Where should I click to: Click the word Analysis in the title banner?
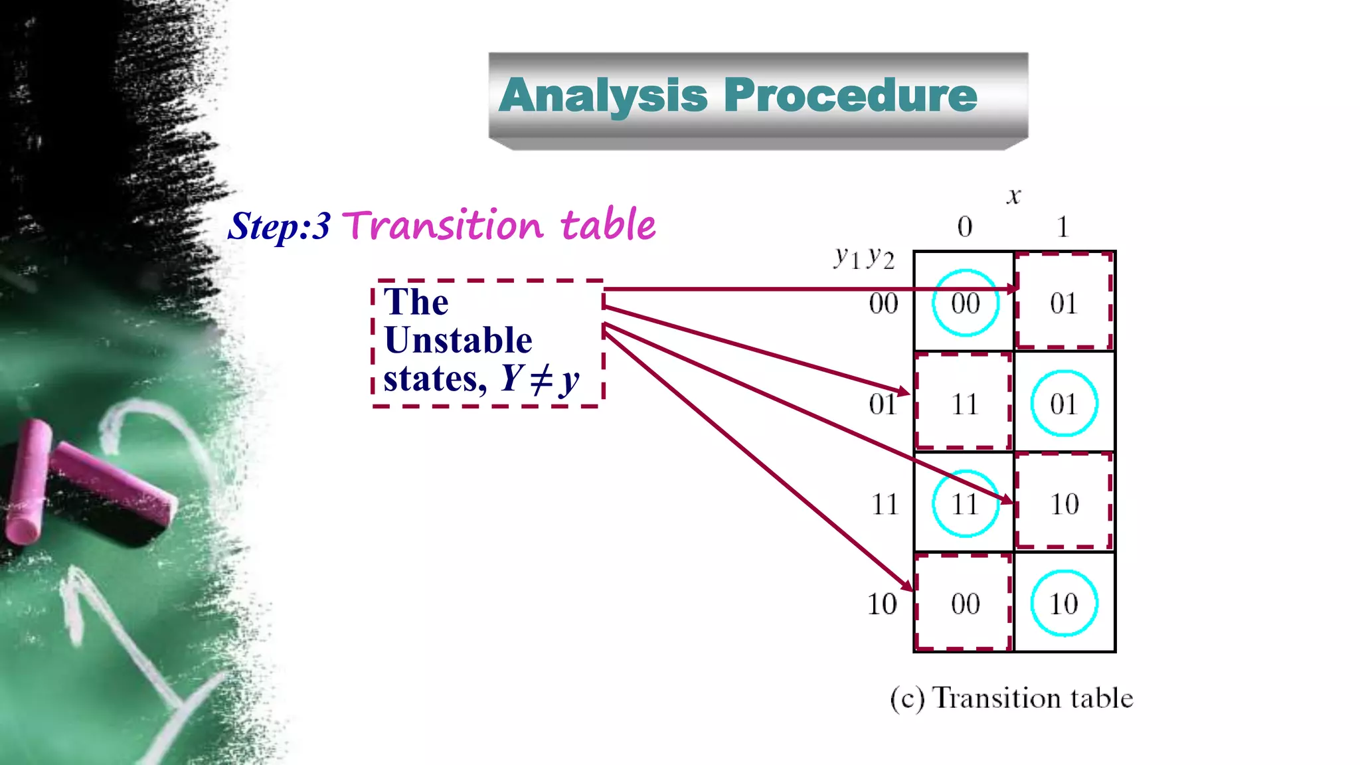[603, 96]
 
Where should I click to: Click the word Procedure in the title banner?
[851, 96]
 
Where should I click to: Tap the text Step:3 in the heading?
[279, 226]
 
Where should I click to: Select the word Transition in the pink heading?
[443, 225]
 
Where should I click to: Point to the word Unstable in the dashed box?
[458, 341]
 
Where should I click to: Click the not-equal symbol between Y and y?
[541, 379]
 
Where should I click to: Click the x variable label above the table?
[1013, 196]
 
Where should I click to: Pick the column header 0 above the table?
[965, 227]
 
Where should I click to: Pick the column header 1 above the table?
[1062, 227]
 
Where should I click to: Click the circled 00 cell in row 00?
[965, 303]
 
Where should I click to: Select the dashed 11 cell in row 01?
[965, 404]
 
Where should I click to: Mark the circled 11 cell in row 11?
[965, 504]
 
